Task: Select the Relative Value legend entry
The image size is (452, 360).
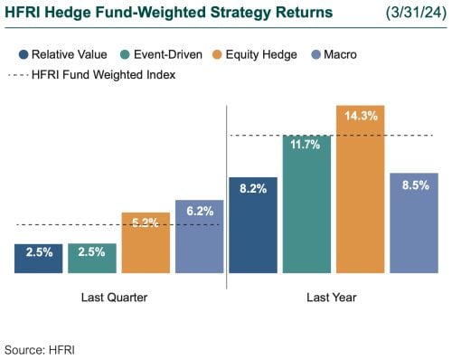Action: tap(62, 55)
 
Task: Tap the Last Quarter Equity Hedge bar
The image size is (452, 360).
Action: tap(146, 244)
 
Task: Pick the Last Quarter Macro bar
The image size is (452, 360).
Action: tap(199, 237)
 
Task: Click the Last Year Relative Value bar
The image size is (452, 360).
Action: tap(252, 225)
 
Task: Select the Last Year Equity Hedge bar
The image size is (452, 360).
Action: tap(360, 190)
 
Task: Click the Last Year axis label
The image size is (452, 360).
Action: tap(333, 297)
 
